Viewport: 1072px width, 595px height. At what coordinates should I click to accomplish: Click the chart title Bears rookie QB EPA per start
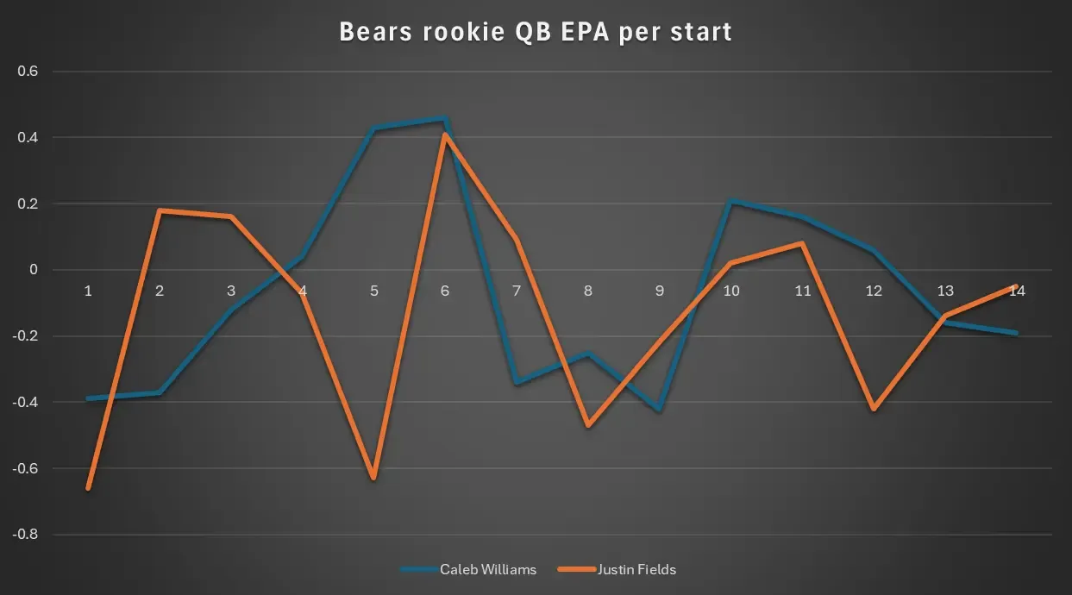click(536, 33)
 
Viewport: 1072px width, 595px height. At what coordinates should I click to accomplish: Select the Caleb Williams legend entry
click(487, 569)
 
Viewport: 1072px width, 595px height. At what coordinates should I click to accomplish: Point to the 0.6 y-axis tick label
click(28, 72)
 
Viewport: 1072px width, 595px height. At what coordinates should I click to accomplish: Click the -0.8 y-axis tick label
click(27, 535)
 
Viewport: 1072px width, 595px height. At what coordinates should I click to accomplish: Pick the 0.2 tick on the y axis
click(28, 204)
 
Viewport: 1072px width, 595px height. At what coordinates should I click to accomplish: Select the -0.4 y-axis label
click(27, 403)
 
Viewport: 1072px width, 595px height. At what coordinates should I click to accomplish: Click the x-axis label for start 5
click(374, 291)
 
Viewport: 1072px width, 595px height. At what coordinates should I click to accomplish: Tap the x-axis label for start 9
click(660, 291)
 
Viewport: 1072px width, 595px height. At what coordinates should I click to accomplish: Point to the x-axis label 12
click(874, 291)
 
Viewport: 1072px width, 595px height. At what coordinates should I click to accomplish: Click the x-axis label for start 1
click(88, 291)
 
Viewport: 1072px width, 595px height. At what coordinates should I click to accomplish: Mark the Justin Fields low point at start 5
click(374, 478)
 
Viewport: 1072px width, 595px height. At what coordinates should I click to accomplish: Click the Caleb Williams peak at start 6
click(445, 119)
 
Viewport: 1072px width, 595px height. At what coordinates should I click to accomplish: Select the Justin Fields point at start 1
click(88, 488)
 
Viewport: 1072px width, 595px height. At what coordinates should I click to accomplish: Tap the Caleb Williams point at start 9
click(660, 410)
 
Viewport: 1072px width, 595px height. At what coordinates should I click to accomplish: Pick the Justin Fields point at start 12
click(874, 409)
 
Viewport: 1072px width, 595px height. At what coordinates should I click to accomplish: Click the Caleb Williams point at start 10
click(731, 202)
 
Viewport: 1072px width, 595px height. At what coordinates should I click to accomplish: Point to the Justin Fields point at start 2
click(160, 210)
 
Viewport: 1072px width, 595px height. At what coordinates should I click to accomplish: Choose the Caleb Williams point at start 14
click(1017, 333)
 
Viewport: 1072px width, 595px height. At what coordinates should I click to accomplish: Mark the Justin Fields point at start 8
click(588, 425)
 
